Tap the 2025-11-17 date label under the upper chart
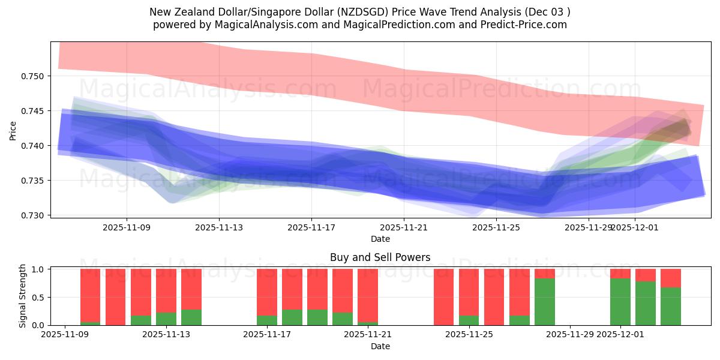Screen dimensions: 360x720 (x=311, y=227)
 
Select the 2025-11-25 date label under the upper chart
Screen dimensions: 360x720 (x=496, y=227)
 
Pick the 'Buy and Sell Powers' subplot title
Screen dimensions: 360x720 (x=380, y=257)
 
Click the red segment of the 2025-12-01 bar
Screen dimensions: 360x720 (x=620, y=274)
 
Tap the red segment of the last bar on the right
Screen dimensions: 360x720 (x=671, y=278)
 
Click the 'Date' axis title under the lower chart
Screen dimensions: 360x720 (x=380, y=346)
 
